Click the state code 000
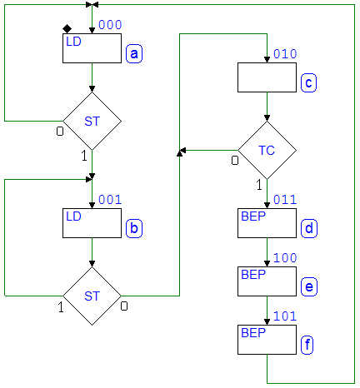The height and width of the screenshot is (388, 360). click(110, 25)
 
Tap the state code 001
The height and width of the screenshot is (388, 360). click(110, 200)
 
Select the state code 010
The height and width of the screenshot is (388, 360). click(285, 54)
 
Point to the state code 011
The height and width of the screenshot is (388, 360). click(285, 200)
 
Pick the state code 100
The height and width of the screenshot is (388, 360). click(285, 258)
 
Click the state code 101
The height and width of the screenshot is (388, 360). click(285, 316)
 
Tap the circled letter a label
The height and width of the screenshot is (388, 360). click(134, 53)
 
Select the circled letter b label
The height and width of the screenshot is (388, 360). click(134, 228)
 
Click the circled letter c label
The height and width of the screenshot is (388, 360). click(308, 82)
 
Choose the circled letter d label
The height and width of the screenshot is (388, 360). click(309, 228)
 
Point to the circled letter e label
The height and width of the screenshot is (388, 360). click(309, 286)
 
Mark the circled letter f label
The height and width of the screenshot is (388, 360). click(307, 345)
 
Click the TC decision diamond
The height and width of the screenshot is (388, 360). click(267, 151)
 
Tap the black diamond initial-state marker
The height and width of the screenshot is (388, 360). click(67, 28)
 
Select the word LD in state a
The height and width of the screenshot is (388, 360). click(73, 42)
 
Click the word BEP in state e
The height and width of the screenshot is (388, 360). click(253, 275)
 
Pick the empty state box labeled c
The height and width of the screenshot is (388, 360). click(267, 77)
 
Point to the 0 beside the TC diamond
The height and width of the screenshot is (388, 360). click(235, 160)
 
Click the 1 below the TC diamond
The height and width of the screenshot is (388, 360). click(259, 185)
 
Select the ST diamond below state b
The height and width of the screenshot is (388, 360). click(92, 296)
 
